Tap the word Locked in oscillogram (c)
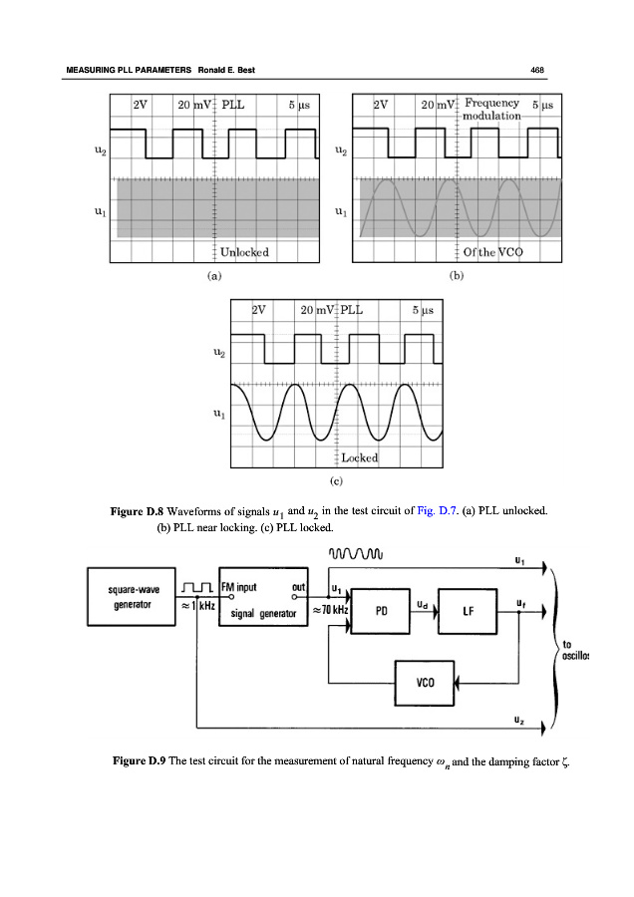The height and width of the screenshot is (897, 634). (x=359, y=458)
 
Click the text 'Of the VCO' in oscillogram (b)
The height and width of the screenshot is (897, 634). (x=492, y=252)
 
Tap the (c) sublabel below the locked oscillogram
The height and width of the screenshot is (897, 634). (x=336, y=480)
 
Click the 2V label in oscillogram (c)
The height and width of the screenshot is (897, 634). (x=258, y=309)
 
